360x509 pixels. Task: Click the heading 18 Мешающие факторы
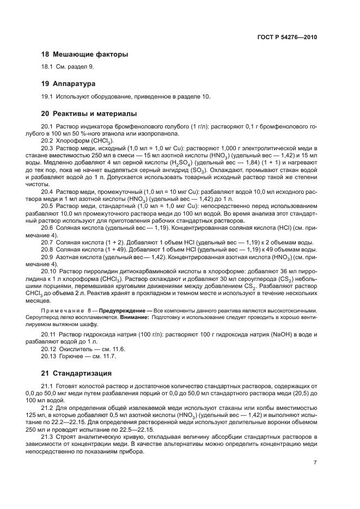pyautogui.click(x=84, y=54)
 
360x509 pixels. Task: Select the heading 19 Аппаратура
pyautogui.click(x=69, y=84)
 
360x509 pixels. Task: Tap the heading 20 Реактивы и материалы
pyautogui.click(x=89, y=114)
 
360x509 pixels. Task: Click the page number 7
pyautogui.click(x=315, y=462)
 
